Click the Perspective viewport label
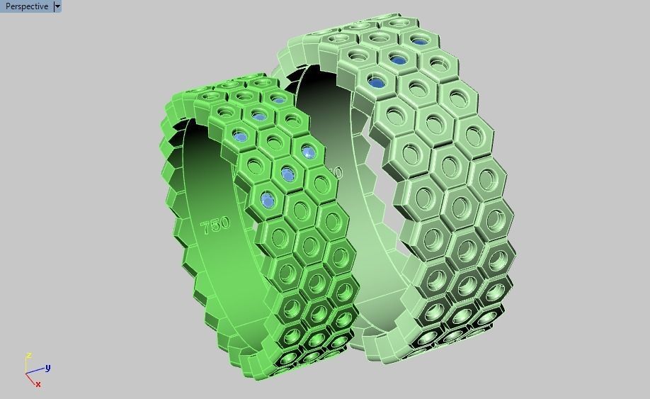[x=27, y=6]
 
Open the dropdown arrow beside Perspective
[x=57, y=6]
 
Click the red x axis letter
[x=38, y=384]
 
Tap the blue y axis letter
[x=47, y=368]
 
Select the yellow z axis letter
[x=28, y=356]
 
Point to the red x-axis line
[x=30, y=378]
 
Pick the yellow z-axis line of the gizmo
[x=26, y=365]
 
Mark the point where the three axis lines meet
[x=26, y=373]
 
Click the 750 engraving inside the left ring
[x=215, y=225]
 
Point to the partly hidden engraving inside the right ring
[x=336, y=172]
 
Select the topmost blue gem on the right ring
[x=421, y=40]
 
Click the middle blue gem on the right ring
[x=399, y=60]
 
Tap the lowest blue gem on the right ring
[x=377, y=83]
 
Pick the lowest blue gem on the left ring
[x=267, y=201]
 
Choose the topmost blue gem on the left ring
[x=260, y=116]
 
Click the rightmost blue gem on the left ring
[x=308, y=151]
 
